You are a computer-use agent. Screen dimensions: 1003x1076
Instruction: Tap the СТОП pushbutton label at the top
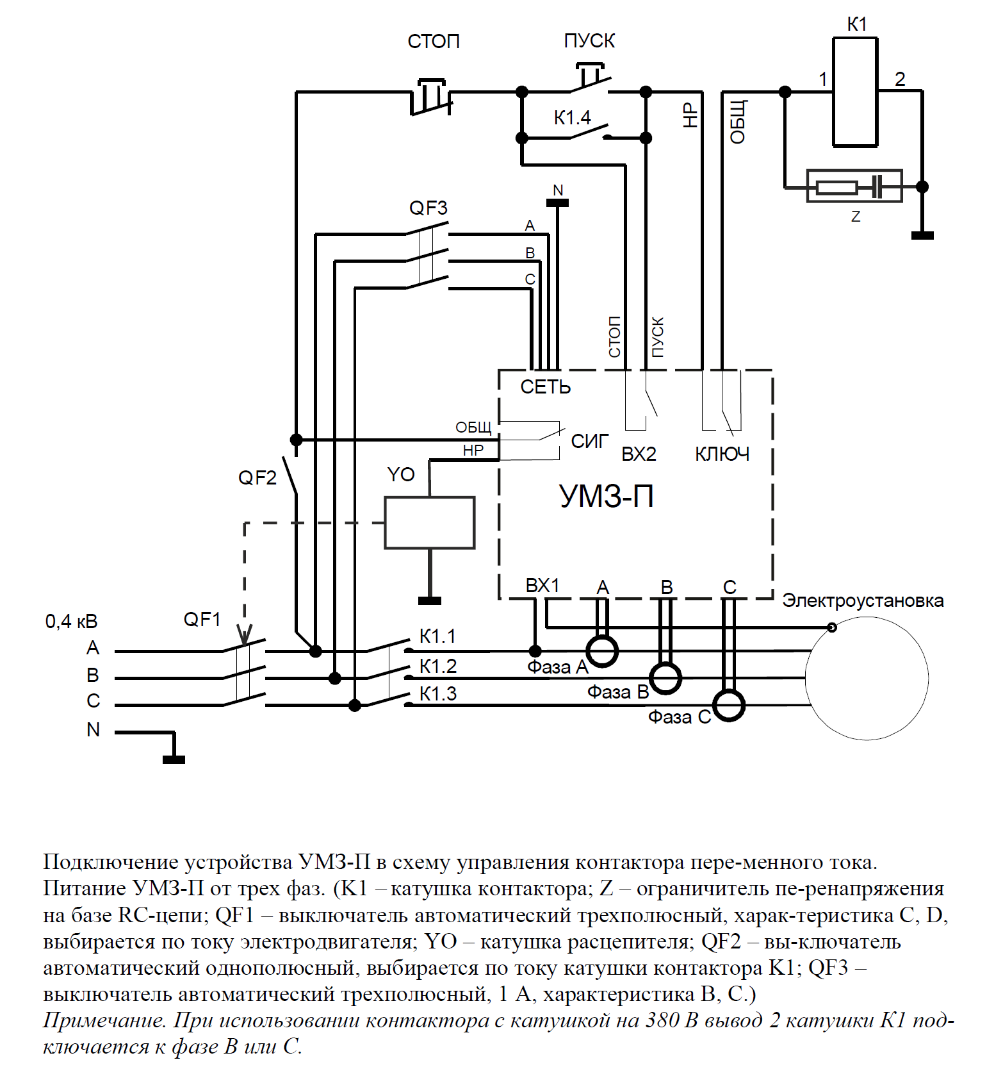click(434, 42)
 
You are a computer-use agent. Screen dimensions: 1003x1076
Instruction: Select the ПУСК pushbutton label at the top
click(589, 41)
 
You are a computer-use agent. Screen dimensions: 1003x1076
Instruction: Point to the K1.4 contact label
click(572, 118)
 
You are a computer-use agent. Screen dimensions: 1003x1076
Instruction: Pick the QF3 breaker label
click(428, 208)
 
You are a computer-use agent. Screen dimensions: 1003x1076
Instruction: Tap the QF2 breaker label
click(257, 478)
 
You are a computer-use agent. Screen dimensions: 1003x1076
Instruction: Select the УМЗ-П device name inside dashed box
click(607, 496)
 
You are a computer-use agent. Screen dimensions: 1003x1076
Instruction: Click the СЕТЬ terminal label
click(545, 387)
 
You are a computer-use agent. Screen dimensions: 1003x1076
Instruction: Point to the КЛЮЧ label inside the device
click(722, 454)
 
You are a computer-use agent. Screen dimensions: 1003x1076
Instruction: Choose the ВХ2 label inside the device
click(639, 454)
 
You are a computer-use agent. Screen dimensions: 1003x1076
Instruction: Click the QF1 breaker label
click(202, 620)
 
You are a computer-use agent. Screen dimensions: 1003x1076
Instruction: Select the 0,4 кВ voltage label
click(71, 622)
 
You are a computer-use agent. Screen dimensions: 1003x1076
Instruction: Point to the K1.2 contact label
click(438, 666)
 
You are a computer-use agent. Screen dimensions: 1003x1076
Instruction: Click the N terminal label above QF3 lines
click(558, 190)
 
